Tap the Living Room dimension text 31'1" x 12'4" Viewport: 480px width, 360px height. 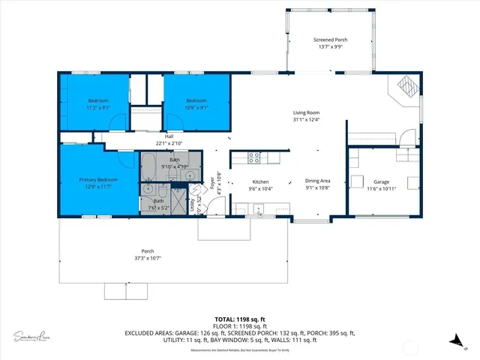click(x=307, y=119)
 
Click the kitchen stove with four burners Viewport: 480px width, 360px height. click(x=254, y=157)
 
